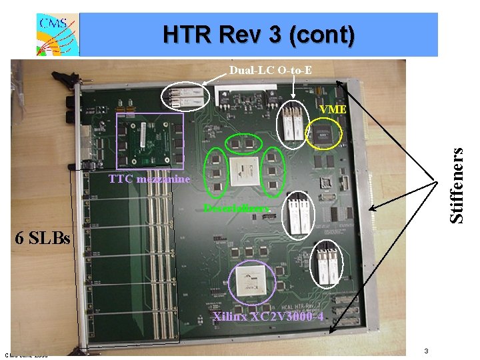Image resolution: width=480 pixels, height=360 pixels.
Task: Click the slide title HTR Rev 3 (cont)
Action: pyautogui.click(x=259, y=35)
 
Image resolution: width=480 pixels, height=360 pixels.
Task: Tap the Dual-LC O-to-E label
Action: pyautogui.click(x=270, y=70)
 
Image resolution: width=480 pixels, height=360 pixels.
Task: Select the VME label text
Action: pyautogui.click(x=332, y=109)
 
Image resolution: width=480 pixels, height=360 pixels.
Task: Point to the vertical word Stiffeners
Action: pyautogui.click(x=456, y=185)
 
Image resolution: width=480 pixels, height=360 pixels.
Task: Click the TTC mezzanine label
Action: pyautogui.click(x=149, y=179)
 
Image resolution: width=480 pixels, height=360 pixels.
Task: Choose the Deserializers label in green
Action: pyautogui.click(x=237, y=209)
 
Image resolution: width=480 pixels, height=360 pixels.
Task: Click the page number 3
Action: pyautogui.click(x=426, y=351)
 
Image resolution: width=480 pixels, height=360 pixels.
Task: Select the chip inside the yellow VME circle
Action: pyautogui.click(x=325, y=133)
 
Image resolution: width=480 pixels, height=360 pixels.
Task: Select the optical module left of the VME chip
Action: pyautogui.click(x=291, y=125)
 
